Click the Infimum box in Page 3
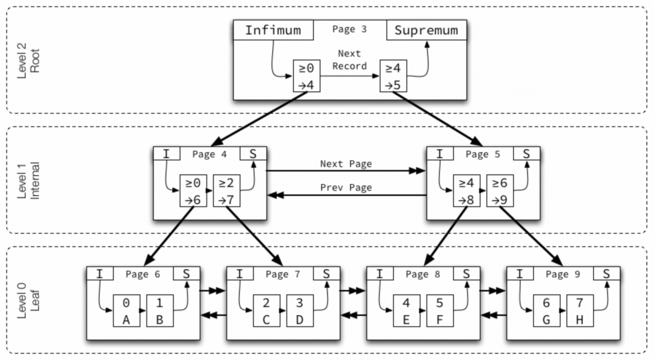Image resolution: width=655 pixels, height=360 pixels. coord(273,30)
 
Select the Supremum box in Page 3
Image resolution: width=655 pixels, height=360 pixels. coord(426,30)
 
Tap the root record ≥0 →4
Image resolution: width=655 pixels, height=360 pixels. coord(306,76)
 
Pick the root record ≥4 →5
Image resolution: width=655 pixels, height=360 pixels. coord(393,76)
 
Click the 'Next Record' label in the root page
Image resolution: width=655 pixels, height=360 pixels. coord(349,60)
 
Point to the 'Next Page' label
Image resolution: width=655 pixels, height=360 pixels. coord(346,164)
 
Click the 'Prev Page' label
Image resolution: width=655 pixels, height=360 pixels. coord(346,187)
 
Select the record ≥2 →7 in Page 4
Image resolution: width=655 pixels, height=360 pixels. coord(226,191)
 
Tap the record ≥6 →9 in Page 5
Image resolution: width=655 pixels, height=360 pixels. coord(500,191)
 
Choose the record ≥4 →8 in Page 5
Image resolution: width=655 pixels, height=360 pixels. coord(467,191)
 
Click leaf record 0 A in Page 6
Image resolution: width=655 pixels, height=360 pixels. coord(126,310)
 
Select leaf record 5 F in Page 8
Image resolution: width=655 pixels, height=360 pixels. coord(439,310)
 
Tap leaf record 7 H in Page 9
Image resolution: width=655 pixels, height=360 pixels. coord(579,310)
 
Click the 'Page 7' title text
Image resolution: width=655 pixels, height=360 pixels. coord(283,275)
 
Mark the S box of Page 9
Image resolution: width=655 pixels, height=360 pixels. coord(606,274)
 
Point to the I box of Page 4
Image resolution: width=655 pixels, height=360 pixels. coord(166,154)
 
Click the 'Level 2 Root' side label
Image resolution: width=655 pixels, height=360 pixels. coord(28,59)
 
